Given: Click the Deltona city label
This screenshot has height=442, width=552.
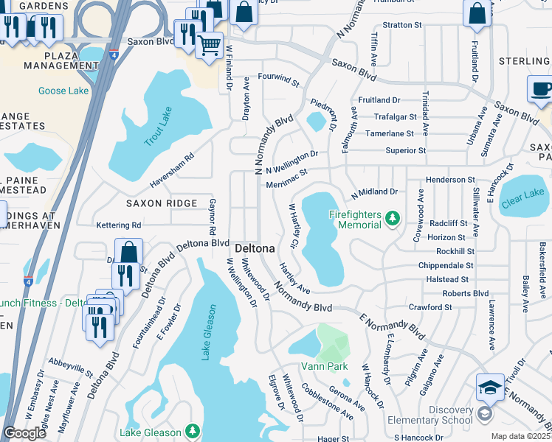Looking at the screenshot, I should [x=255, y=249].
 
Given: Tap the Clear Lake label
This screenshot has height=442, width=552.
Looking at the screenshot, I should [x=522, y=194].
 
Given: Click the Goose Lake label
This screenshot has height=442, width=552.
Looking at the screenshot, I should [x=63, y=91].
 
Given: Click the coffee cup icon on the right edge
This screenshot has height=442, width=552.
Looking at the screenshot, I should [x=541, y=88].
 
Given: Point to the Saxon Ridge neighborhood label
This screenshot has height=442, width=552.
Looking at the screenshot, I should [x=161, y=203].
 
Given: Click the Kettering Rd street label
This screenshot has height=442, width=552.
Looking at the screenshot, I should [x=118, y=225].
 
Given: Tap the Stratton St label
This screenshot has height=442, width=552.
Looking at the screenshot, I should [x=401, y=24].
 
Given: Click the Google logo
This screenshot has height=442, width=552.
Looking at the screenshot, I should [x=24, y=433].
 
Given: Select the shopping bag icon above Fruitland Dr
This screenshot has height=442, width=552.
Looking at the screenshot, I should [x=477, y=13].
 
